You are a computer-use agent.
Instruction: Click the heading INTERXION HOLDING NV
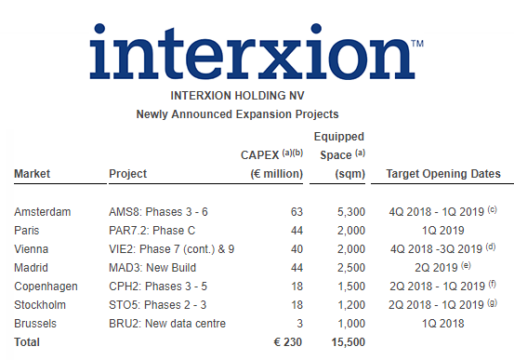coord(257,96)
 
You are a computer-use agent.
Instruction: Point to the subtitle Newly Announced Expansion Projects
coord(257,114)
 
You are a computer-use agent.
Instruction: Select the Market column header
coord(32,174)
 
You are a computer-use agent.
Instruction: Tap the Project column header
coord(128,174)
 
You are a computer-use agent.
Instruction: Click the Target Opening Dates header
coord(443,174)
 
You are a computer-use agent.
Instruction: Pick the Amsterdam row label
coord(42,212)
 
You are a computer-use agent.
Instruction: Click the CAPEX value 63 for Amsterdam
coord(297,212)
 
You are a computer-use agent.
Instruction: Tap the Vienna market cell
coord(32,248)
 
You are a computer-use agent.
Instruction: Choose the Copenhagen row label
coord(46,286)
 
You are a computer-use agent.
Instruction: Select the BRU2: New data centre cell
coord(168,323)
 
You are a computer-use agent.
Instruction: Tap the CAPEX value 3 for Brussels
coord(299,323)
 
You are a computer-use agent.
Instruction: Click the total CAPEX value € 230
coord(288,342)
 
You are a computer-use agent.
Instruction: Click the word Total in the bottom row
coord(28,342)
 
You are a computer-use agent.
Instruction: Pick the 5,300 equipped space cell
coord(337,212)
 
